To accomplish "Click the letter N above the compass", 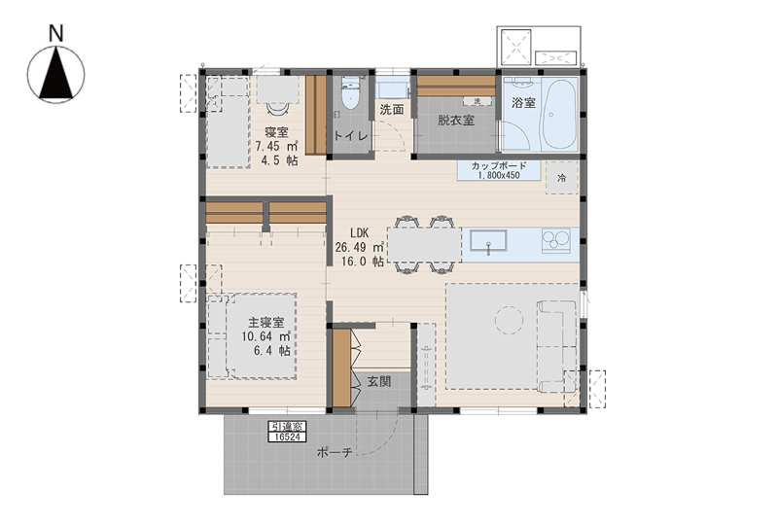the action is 56,33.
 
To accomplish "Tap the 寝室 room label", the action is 276,132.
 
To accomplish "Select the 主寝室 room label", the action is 265,323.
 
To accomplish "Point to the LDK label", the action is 359,233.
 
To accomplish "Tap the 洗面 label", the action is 392,110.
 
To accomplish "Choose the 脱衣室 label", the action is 455,121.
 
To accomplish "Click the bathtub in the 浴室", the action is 559,113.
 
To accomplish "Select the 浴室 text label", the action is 523,103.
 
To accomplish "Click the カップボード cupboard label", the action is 499,166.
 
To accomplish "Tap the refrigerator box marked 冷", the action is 562,178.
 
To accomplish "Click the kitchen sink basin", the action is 488,243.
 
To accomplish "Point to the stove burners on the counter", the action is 555,241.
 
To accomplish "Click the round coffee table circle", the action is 509,320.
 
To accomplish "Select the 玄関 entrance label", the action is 379,381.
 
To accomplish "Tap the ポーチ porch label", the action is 335,452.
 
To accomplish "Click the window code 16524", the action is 288,437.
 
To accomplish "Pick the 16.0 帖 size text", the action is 362,261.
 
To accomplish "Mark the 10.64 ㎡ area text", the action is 265,336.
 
